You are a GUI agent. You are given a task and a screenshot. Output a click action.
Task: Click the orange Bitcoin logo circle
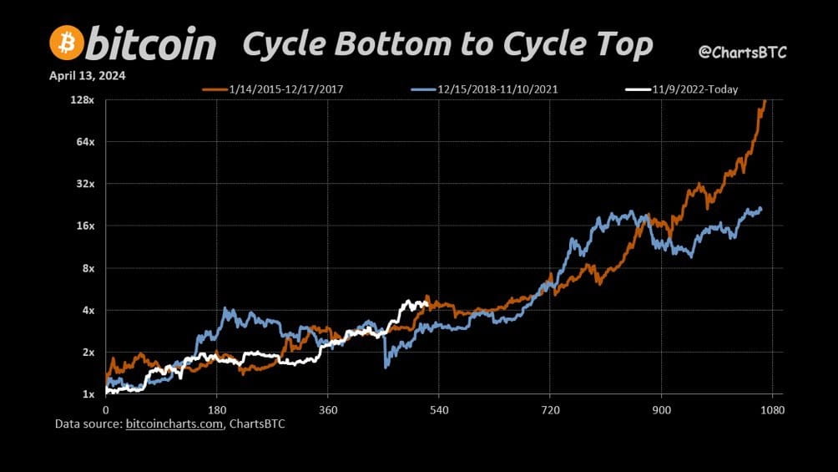[x=67, y=43]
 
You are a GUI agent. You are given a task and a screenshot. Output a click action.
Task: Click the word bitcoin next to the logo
[x=151, y=44]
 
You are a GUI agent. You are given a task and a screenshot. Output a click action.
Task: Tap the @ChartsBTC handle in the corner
[x=742, y=53]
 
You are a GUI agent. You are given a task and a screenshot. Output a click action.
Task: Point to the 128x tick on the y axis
[x=83, y=100]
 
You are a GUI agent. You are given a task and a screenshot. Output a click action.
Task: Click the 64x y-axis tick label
[x=85, y=142]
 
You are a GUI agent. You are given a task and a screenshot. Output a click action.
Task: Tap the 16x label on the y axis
[x=85, y=226]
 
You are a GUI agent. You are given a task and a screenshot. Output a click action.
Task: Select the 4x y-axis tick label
[x=88, y=311]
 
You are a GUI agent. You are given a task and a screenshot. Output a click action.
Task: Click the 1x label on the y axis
[x=88, y=394]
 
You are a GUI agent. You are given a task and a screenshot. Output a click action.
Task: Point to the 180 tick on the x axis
[x=216, y=410]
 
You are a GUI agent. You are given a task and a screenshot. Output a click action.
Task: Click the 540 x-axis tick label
[x=439, y=410]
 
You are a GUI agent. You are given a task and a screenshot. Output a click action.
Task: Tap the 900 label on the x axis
[x=661, y=410]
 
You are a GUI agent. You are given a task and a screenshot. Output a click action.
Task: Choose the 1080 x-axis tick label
[x=772, y=410]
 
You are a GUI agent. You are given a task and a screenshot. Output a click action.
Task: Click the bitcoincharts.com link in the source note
[x=174, y=424]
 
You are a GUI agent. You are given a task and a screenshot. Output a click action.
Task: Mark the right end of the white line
[x=427, y=304]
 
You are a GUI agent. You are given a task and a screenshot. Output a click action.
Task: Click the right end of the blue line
[x=760, y=209]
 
